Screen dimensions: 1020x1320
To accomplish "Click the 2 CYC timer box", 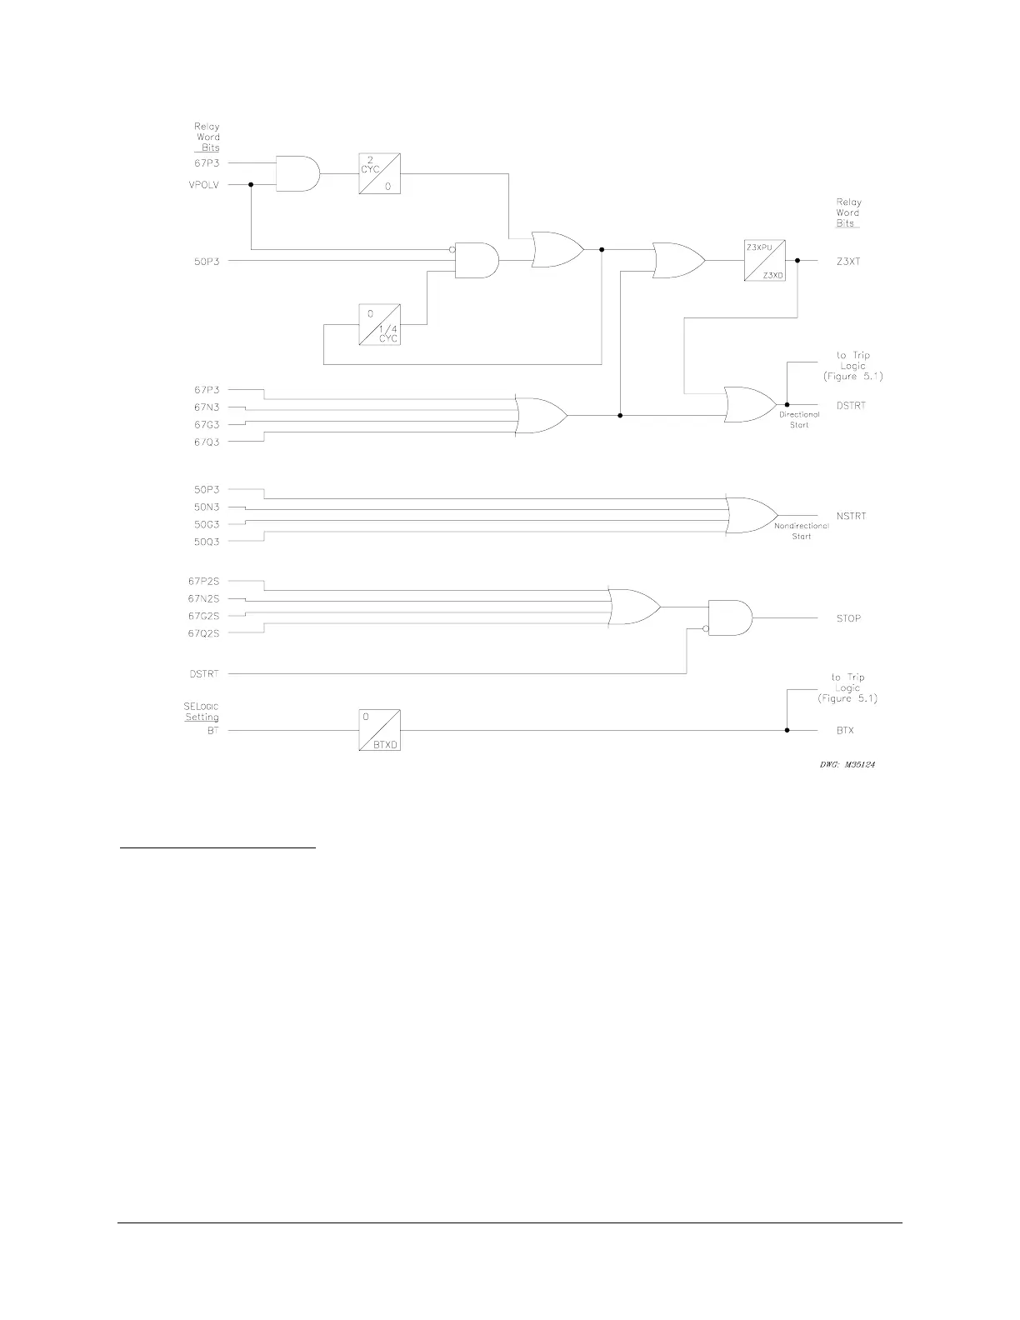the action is tap(379, 173).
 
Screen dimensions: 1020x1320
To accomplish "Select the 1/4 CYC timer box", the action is tap(379, 324).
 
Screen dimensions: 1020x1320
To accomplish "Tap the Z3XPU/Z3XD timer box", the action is tap(764, 261).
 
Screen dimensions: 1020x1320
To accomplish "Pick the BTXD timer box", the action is tap(379, 730).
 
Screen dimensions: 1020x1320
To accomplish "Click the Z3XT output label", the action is tap(848, 262).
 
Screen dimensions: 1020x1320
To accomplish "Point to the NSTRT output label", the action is tap(851, 516).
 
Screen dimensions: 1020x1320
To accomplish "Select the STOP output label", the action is tap(848, 618).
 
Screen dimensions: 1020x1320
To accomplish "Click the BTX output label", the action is tap(845, 731).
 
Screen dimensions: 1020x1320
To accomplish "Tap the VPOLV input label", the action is tap(204, 185).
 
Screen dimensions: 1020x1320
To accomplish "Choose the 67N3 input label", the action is tap(207, 407).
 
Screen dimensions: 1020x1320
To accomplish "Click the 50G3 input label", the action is tap(207, 524).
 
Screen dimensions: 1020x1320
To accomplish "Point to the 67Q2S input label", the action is tap(203, 633).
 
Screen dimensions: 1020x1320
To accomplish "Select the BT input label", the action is tap(212, 731).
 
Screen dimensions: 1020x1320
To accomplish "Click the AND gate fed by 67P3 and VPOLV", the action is tap(297, 173).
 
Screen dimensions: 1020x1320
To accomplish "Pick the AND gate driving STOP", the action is tap(729, 618).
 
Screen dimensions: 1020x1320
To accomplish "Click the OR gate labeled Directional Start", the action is tap(750, 405).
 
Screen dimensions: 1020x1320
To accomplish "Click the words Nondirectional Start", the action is tap(801, 532).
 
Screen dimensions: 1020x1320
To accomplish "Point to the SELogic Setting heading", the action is tap(202, 712).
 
